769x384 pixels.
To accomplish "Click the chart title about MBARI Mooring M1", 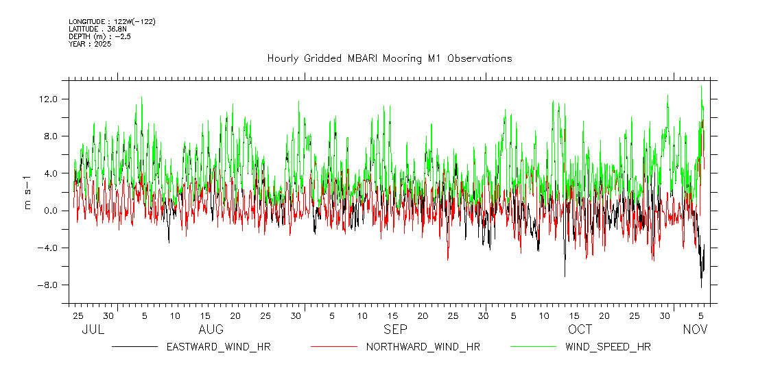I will (389, 58).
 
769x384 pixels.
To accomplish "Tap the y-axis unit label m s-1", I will (27, 193).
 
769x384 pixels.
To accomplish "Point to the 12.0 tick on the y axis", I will (49, 99).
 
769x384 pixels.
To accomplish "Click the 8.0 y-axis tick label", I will (51, 136).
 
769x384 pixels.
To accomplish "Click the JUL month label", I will (93, 330).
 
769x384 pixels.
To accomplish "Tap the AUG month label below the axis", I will (211, 330).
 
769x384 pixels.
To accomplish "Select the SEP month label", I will (395, 330).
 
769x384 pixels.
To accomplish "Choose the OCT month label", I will (580, 330).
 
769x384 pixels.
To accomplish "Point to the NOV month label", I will (695, 330).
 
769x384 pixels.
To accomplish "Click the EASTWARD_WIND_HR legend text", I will (218, 347).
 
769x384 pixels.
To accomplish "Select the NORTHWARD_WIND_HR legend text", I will (423, 347).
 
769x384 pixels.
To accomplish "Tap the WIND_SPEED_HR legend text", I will (608, 347).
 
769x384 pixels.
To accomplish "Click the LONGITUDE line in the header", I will (112, 22).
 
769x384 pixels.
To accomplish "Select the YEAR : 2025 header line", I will (90, 44).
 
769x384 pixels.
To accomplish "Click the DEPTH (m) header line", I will (99, 36).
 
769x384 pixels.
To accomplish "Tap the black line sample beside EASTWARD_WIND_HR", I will (135, 347).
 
